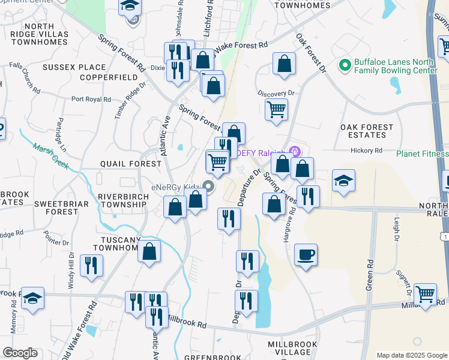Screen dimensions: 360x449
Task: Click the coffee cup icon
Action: (306, 255)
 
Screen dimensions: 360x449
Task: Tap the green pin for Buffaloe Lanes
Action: (345, 64)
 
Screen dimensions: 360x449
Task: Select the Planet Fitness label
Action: (423, 154)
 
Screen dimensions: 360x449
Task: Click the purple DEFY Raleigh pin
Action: (294, 150)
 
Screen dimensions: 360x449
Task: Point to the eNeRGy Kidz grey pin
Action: (208, 187)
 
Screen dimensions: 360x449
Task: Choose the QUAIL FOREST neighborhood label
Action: (131, 164)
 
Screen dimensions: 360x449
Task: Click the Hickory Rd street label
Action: (367, 151)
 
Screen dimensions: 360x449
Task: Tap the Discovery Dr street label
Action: (276, 93)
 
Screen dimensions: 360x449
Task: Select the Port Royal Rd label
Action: (91, 100)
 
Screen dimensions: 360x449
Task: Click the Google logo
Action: (20, 353)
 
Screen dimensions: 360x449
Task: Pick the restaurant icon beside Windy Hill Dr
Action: (91, 266)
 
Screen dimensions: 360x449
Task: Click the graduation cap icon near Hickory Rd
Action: (343, 180)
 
